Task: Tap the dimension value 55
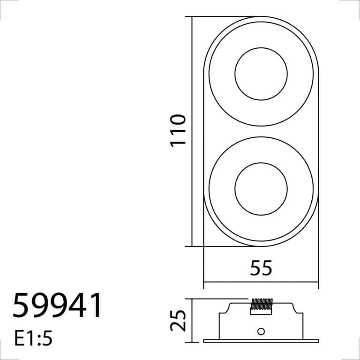[261, 268]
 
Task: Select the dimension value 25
[178, 321]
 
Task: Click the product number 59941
[57, 305]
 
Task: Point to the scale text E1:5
[34, 338]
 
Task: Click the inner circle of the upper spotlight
[261, 48]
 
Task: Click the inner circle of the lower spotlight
[261, 163]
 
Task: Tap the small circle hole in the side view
[261, 331]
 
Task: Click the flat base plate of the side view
[261, 341]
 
